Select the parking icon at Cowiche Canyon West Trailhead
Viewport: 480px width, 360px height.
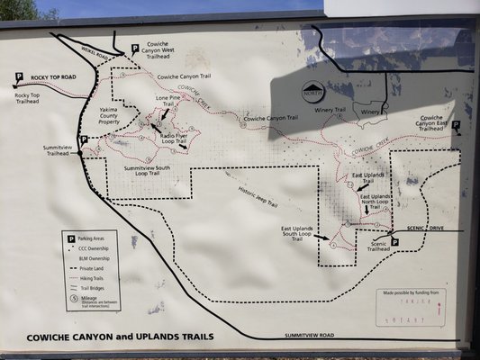pos(134,48)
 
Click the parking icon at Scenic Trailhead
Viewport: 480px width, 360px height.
pos(394,242)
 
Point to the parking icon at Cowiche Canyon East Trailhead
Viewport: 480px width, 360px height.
pos(456,125)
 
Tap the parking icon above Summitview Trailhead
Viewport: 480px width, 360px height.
pos(83,139)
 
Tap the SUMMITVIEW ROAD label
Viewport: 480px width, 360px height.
pos(309,335)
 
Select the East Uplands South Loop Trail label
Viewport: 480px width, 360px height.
pos(298,234)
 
